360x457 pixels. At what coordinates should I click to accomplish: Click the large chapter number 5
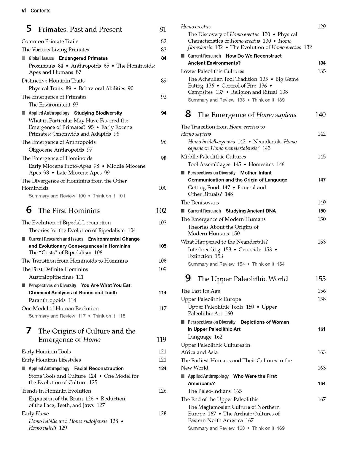pyautogui.click(x=29, y=29)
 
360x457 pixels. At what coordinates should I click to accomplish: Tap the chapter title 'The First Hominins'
pyautogui.click(x=69, y=211)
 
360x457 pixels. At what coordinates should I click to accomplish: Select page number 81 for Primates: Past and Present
pyautogui.click(x=163, y=29)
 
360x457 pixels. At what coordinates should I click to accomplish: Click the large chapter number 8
pyautogui.click(x=188, y=114)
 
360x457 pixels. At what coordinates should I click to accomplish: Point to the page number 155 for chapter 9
pyautogui.click(x=320, y=279)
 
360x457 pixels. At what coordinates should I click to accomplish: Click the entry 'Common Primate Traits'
pyautogui.click(x=50, y=41)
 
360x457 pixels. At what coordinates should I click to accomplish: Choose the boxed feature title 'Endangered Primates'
pyautogui.click(x=83, y=58)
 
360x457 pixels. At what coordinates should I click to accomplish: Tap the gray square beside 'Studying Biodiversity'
pyautogui.click(x=23, y=113)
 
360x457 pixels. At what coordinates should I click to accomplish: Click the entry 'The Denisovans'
pyautogui.click(x=200, y=202)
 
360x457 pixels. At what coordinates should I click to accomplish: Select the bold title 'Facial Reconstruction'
pyautogui.click(x=99, y=368)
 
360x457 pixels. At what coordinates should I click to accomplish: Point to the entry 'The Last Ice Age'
pyautogui.click(x=200, y=291)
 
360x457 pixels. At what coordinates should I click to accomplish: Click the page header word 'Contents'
pyautogui.click(x=40, y=11)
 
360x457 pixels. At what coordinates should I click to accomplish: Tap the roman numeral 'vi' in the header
pyautogui.click(x=24, y=11)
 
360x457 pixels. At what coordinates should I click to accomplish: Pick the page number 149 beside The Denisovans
pyautogui.click(x=321, y=202)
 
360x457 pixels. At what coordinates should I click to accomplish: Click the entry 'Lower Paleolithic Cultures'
pyautogui.click(x=212, y=71)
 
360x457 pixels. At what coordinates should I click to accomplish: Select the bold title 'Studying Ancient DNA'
pyautogui.click(x=251, y=211)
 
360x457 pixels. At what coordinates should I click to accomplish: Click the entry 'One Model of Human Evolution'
pyautogui.click(x=60, y=308)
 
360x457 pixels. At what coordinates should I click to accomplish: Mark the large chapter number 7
pyautogui.click(x=29, y=331)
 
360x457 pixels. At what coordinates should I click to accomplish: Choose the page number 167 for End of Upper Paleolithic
pyautogui.click(x=321, y=399)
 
